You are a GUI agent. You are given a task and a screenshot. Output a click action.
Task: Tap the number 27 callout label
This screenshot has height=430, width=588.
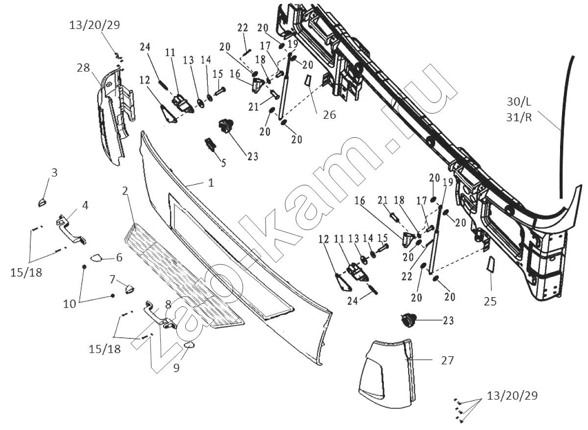[447, 360]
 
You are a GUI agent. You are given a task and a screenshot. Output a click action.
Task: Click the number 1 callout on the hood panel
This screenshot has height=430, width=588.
[211, 183]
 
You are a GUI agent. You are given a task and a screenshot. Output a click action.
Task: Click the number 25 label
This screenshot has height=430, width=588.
[490, 301]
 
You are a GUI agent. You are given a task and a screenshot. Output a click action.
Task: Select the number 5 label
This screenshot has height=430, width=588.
[223, 162]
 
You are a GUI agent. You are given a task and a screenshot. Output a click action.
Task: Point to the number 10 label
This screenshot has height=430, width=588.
[70, 304]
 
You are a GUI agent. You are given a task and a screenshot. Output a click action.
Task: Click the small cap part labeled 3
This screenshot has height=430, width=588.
[42, 201]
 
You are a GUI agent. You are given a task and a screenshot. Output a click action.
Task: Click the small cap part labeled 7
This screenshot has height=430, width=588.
[129, 288]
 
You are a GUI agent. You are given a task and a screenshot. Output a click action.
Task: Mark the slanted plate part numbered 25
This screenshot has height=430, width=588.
[491, 265]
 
